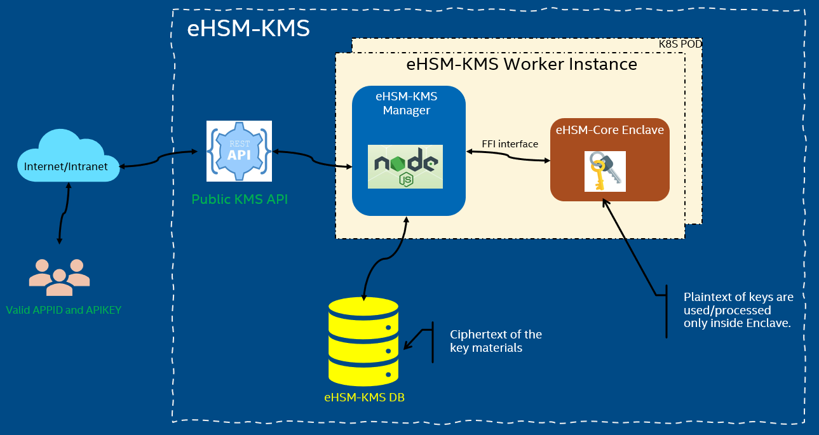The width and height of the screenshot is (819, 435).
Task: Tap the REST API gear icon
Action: (239, 151)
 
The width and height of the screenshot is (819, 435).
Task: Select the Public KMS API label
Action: (240, 199)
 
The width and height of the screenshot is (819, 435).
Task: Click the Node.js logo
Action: (405, 166)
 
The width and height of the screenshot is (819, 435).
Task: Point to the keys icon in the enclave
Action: (605, 171)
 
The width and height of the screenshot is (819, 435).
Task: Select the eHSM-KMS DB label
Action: (364, 398)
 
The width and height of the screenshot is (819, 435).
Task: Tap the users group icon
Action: (59, 277)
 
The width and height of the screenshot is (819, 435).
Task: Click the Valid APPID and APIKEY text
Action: (64, 311)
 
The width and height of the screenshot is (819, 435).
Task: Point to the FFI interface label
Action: (510, 144)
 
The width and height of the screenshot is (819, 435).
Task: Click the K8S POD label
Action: (680, 44)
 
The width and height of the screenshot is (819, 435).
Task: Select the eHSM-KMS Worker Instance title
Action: (521, 64)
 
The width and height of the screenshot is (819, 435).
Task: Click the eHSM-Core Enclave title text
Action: (609, 130)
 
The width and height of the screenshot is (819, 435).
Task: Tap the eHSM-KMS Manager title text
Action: (406, 104)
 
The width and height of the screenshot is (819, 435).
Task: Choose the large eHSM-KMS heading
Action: (248, 29)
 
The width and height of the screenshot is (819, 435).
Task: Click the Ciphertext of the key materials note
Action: (496, 341)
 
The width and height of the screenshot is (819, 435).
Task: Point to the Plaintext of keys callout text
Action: (738, 310)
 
